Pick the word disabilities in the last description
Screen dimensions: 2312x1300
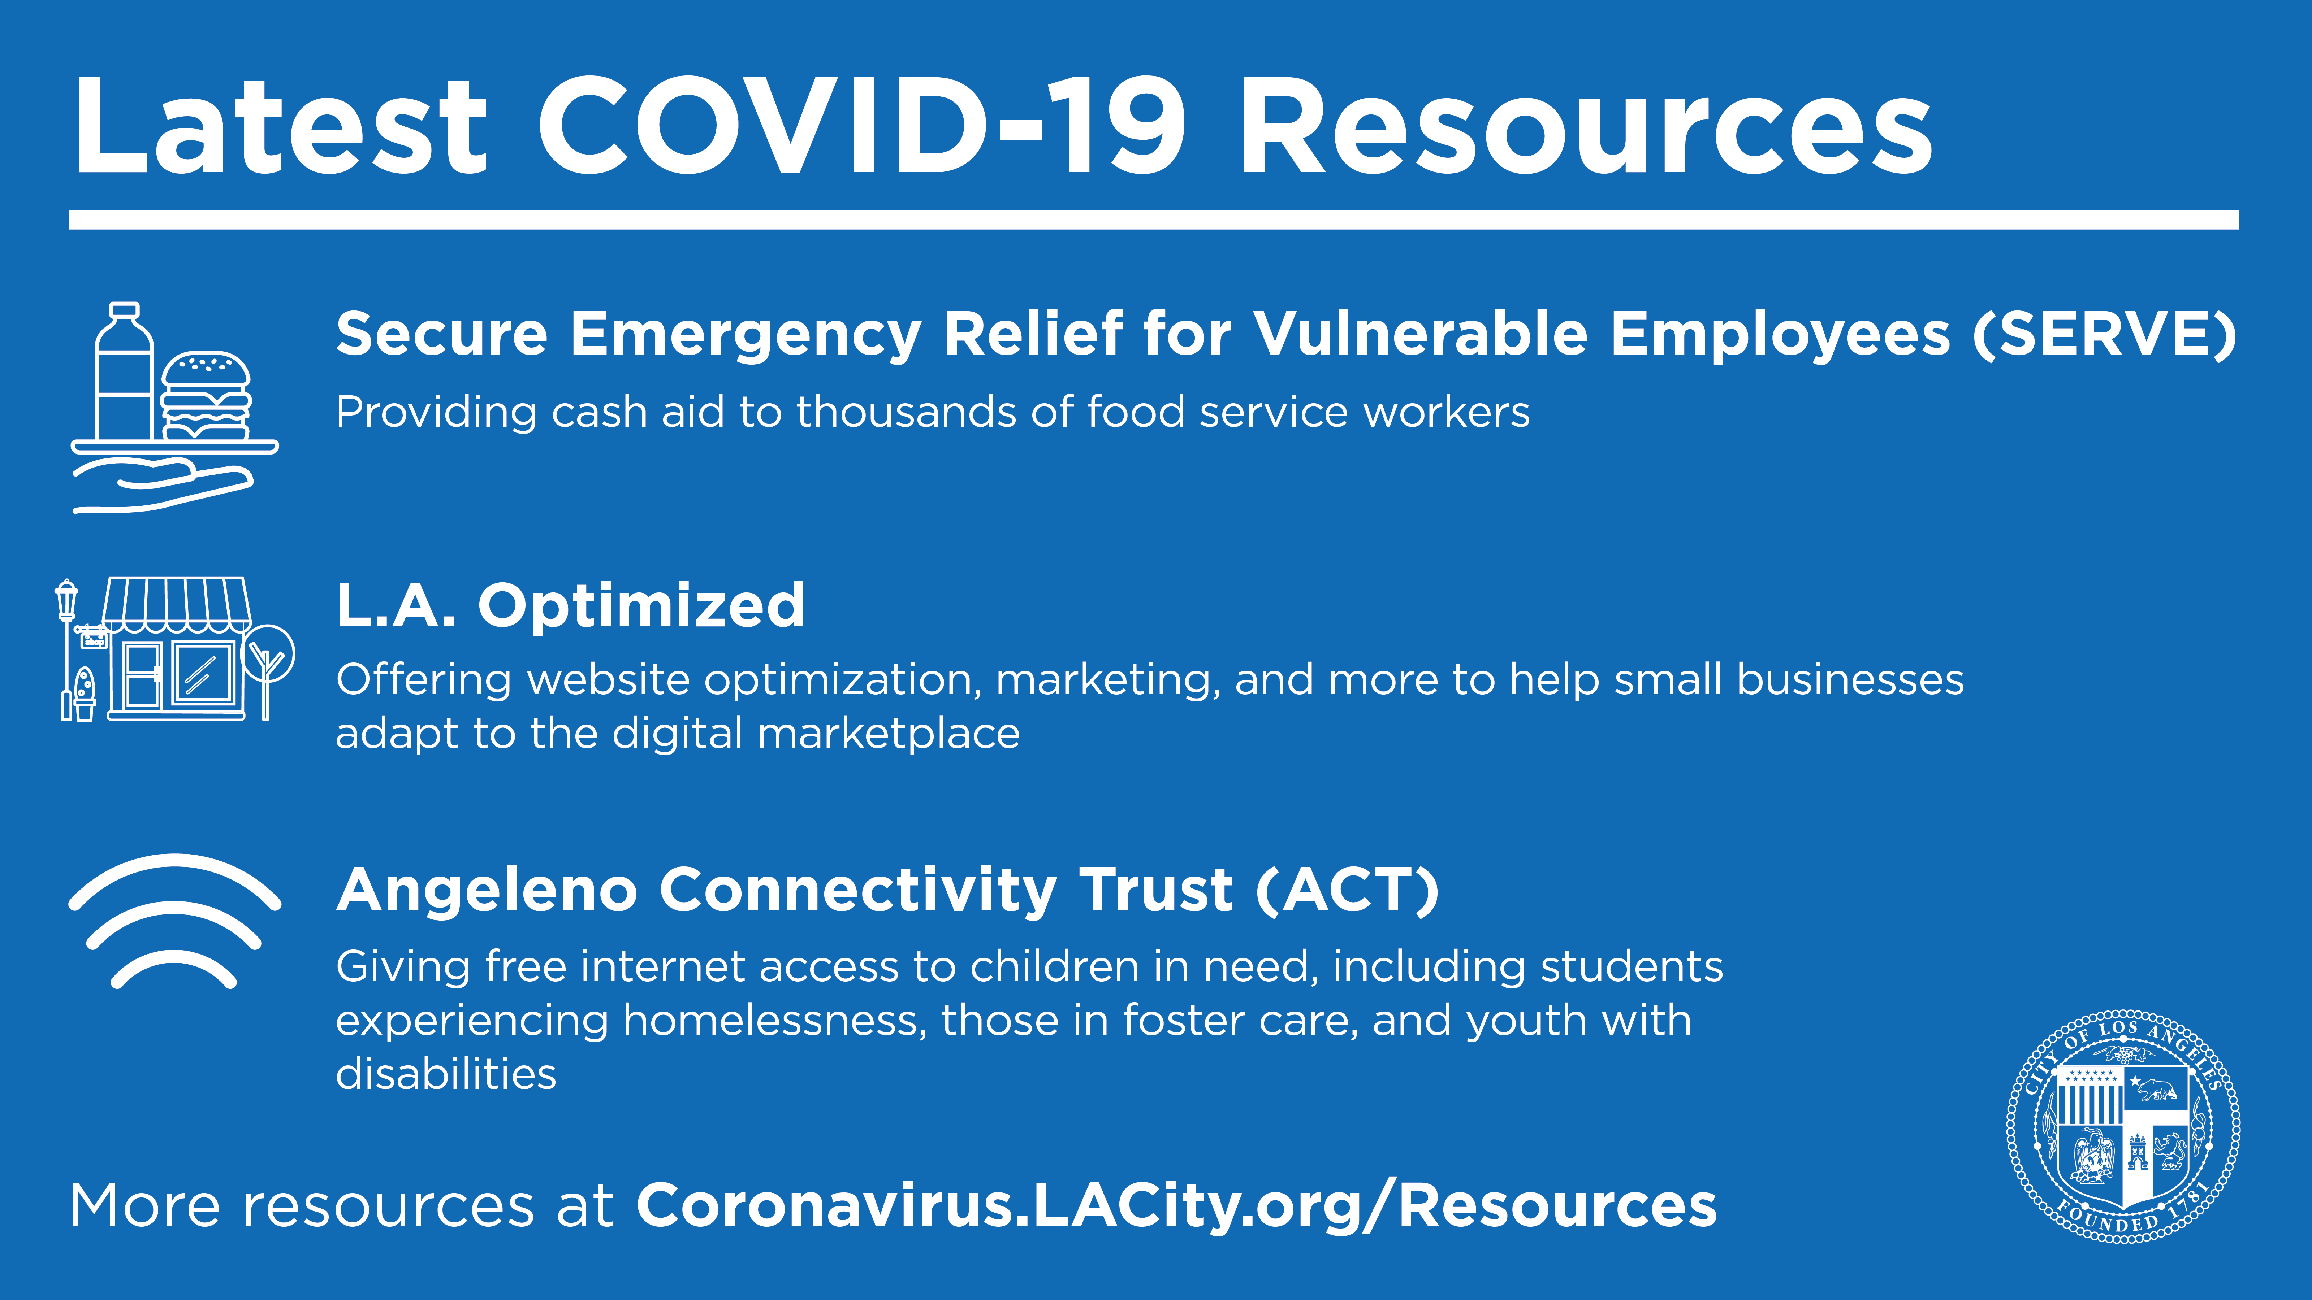point(446,1074)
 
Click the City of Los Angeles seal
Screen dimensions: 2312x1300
point(2123,1128)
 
